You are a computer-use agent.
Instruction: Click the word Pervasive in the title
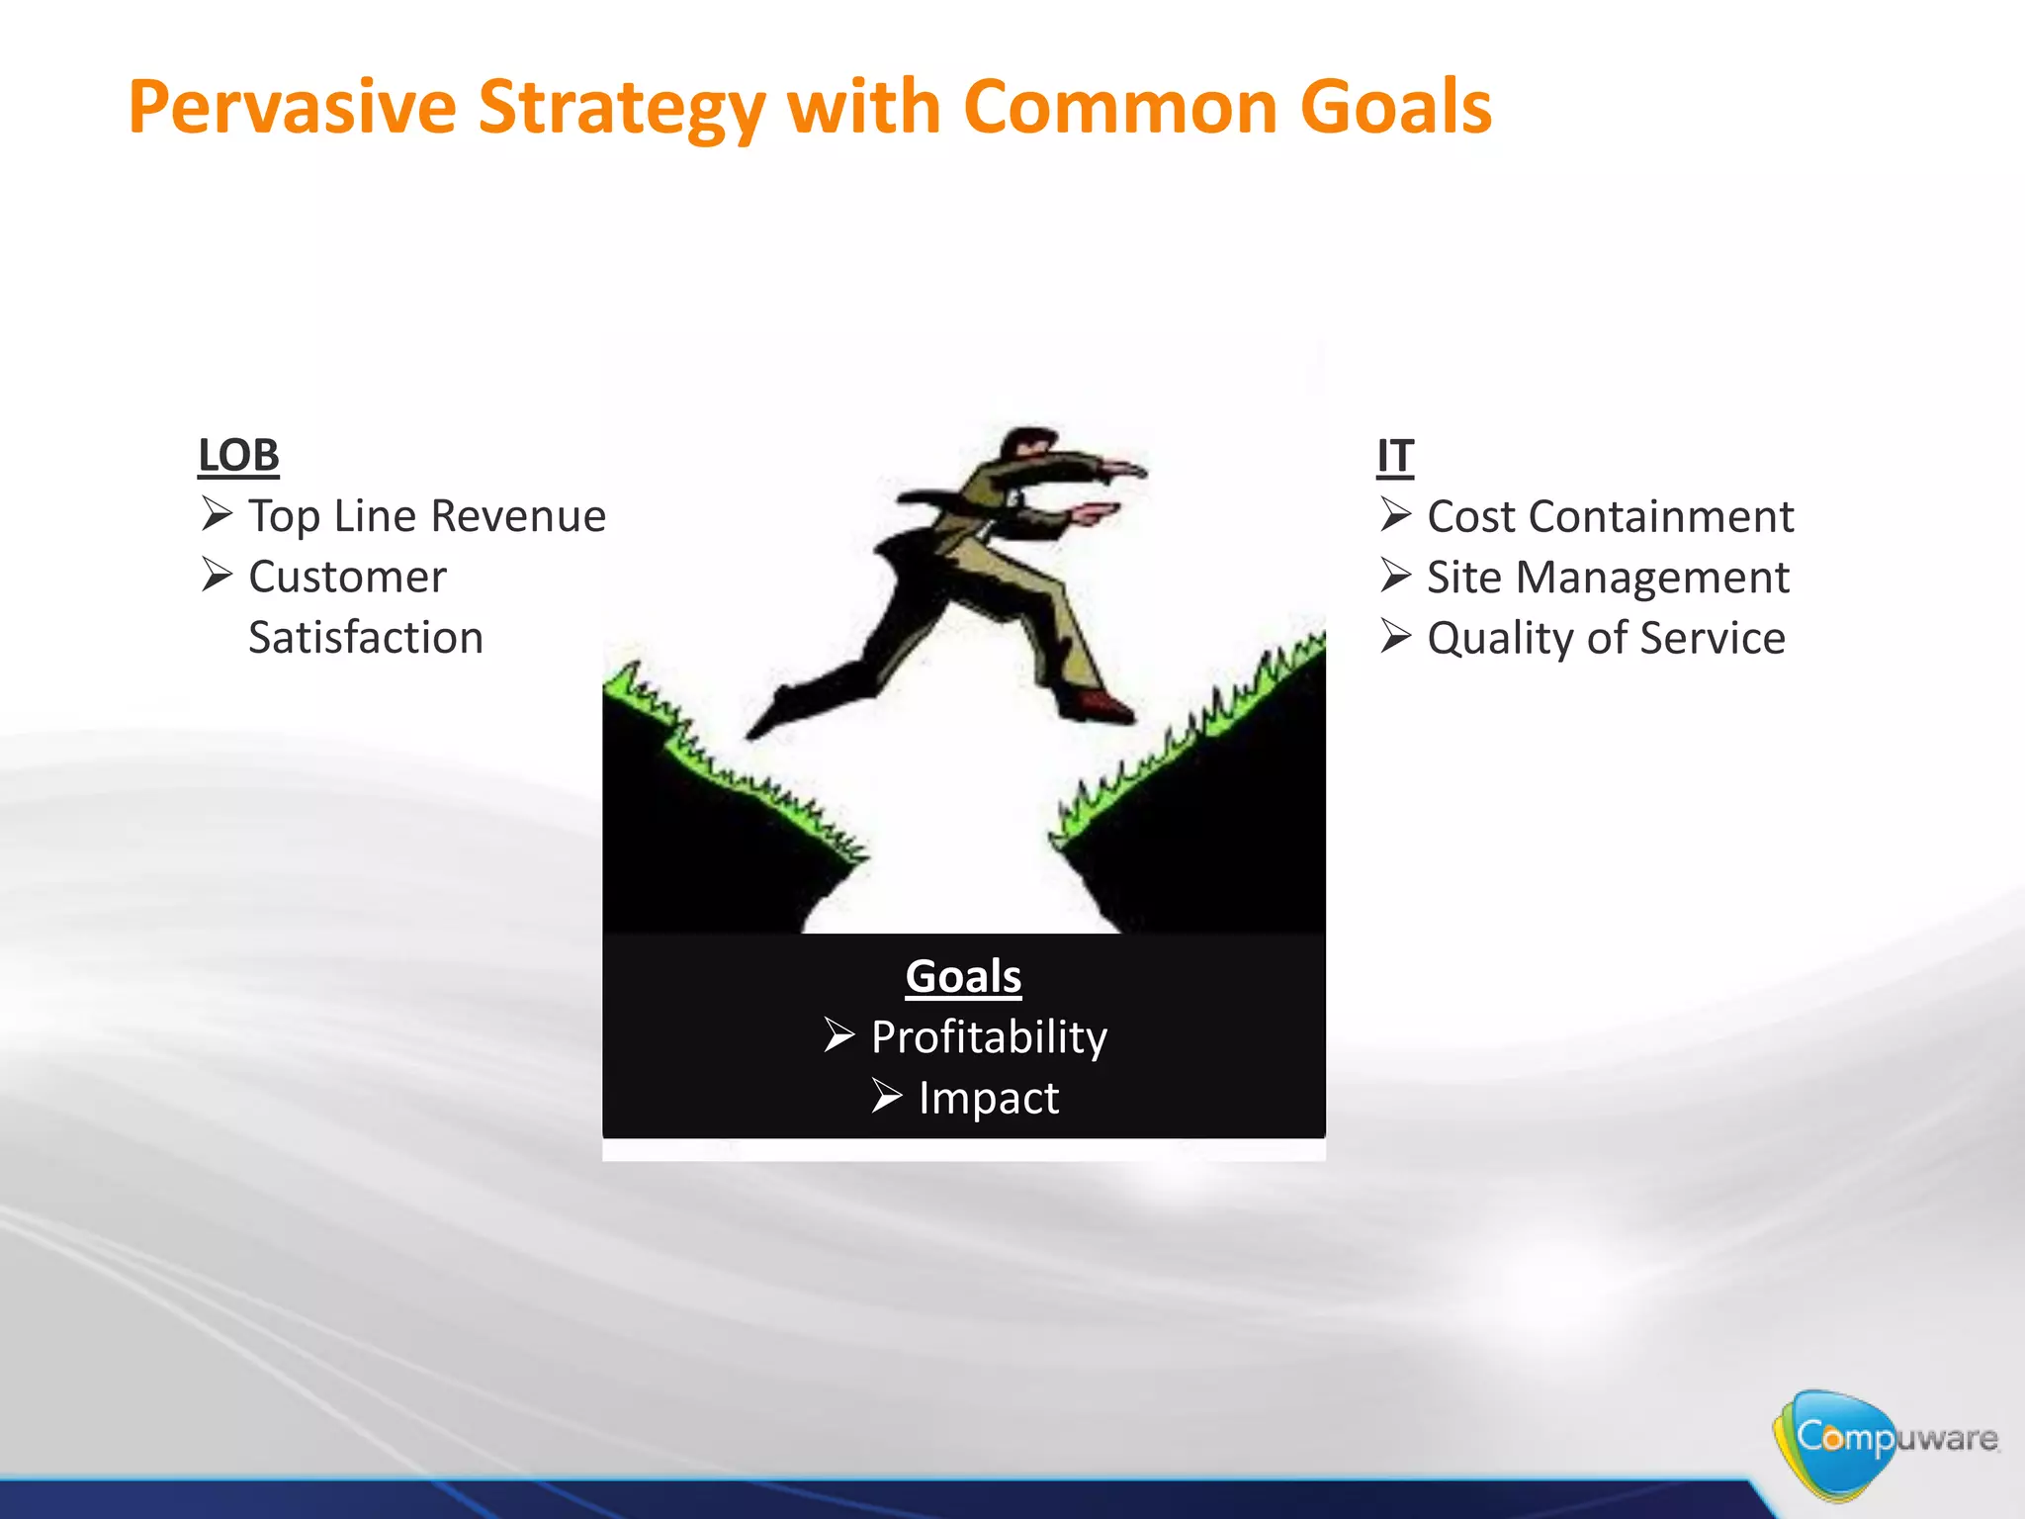point(292,107)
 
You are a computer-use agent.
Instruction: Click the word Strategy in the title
point(622,107)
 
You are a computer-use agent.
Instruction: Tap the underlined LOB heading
point(238,456)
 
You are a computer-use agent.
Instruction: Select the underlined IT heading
point(1394,456)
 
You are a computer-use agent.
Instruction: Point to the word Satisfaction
point(366,638)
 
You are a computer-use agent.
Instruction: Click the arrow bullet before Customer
point(217,575)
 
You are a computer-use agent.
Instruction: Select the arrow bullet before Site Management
point(1395,575)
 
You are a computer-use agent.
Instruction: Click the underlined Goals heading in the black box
point(963,976)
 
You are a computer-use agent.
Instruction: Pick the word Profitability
point(989,1037)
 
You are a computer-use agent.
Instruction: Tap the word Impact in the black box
point(989,1099)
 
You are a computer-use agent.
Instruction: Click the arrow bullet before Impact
point(886,1096)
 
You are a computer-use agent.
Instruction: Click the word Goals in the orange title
point(1395,107)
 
